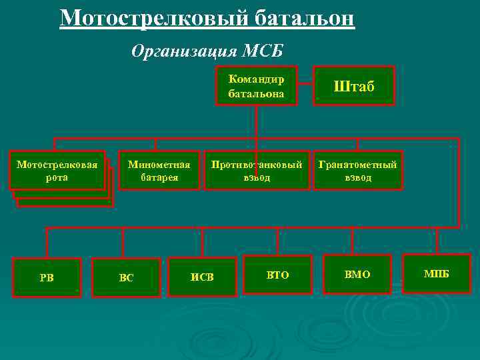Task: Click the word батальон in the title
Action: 304,17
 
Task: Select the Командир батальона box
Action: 256,86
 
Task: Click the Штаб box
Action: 354,86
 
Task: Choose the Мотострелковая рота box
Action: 57,171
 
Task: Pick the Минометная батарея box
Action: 159,171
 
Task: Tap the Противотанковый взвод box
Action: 257,171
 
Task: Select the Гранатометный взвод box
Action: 358,171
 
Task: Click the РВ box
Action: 47,277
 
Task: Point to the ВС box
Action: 126,277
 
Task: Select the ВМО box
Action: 357,275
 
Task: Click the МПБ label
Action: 437,274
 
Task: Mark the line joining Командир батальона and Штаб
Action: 305,86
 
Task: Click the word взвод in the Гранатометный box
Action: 358,177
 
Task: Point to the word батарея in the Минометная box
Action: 159,177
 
